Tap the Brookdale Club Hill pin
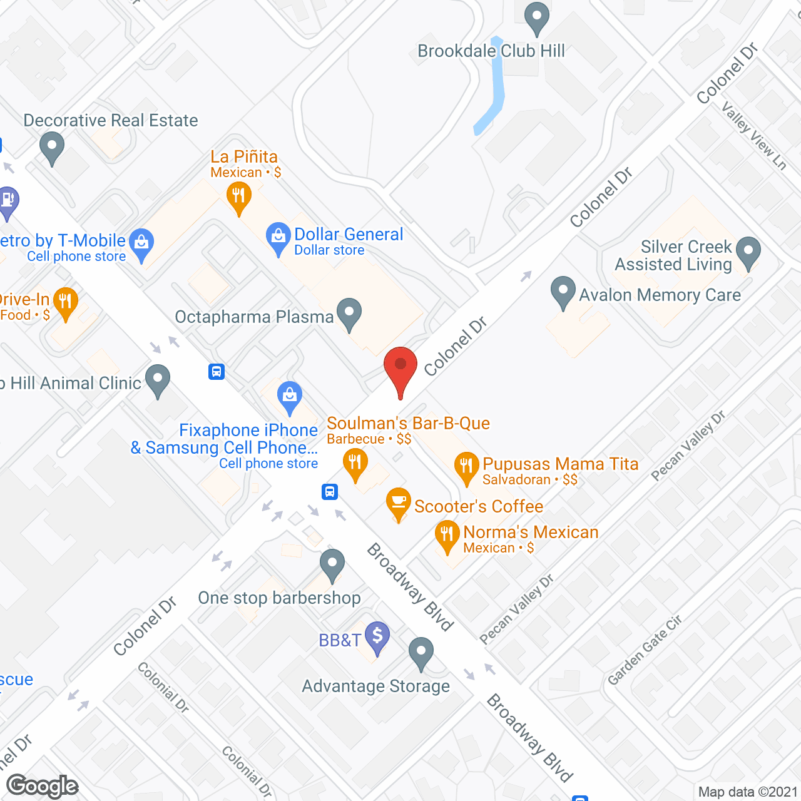pyautogui.click(x=536, y=18)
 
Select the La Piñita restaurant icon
pyautogui.click(x=238, y=196)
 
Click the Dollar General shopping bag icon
pyautogui.click(x=278, y=237)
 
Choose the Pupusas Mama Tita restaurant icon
pyautogui.click(x=466, y=466)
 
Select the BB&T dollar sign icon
pyautogui.click(x=377, y=636)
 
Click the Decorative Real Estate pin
pyautogui.click(x=52, y=147)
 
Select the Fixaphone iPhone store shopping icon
pyautogui.click(x=290, y=396)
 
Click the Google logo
pyautogui.click(x=43, y=786)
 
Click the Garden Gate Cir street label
pyautogui.click(x=645, y=650)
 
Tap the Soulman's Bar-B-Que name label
pyautogui.click(x=408, y=424)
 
